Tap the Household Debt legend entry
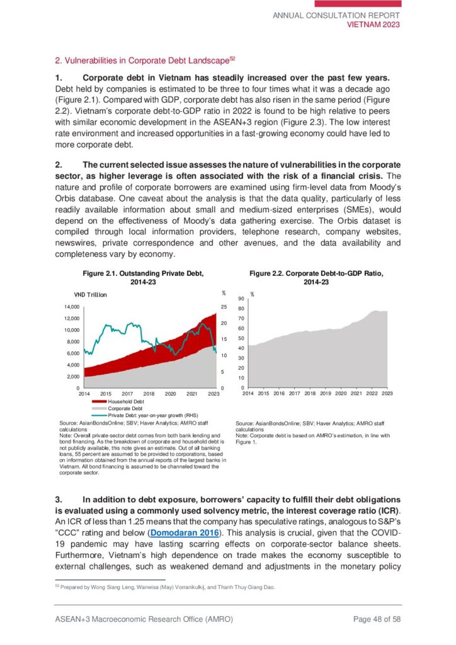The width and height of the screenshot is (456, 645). (125, 401)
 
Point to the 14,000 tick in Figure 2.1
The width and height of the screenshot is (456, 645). (69, 307)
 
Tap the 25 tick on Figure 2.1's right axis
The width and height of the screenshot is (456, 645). (223, 307)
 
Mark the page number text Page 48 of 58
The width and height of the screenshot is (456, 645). (377, 619)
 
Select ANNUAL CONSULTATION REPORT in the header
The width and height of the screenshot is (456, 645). (336, 15)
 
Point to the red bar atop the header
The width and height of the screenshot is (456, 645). (366, 4)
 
